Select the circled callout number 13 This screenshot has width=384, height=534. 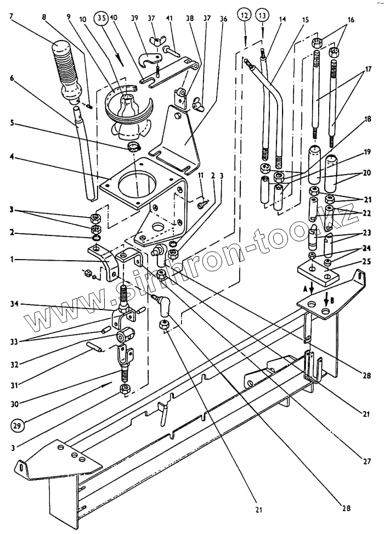[263, 15]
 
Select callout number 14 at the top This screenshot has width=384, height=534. [283, 19]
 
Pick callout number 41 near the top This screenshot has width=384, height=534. [170, 18]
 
